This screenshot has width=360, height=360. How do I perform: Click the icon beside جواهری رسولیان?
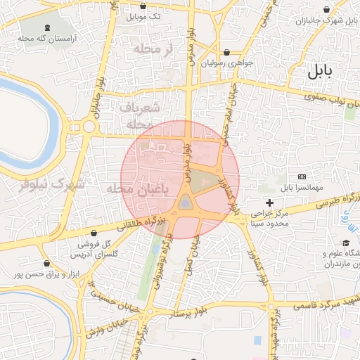coord(226,52)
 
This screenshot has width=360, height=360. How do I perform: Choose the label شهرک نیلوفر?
coord(51,186)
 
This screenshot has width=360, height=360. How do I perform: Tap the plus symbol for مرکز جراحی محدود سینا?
coord(269,203)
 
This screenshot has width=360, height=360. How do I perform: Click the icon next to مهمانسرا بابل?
coord(302,176)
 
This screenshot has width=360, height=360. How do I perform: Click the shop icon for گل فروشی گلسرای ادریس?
coord(94,233)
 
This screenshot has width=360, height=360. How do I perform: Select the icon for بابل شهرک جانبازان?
coord(326,11)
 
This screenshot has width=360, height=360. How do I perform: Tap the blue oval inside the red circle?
coord(184,203)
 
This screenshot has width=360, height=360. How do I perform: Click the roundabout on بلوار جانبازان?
coord(89,127)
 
